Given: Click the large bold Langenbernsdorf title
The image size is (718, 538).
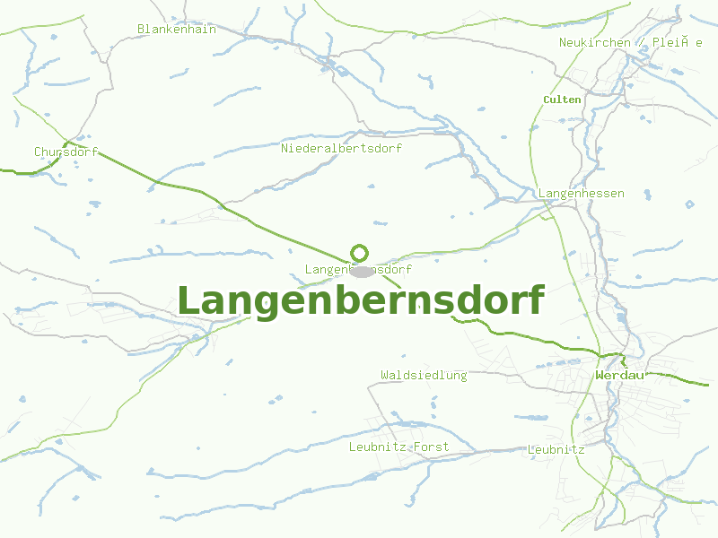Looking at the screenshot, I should [x=360, y=301].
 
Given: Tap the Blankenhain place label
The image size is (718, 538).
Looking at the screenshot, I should [x=177, y=30].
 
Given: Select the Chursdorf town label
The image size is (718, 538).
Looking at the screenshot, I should [x=66, y=152].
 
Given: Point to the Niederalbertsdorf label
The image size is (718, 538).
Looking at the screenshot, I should [x=341, y=148].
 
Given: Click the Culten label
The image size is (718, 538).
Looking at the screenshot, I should [x=563, y=100].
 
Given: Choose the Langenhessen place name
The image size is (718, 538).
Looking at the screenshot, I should [x=582, y=194].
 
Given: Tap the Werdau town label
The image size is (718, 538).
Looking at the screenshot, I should [x=620, y=375].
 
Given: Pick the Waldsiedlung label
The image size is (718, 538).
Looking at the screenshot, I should [x=424, y=376].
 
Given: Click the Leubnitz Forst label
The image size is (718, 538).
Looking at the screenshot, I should [x=398, y=447].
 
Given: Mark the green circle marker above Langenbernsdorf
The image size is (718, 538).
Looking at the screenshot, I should [x=359, y=253].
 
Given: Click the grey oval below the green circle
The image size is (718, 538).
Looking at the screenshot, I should [x=362, y=270].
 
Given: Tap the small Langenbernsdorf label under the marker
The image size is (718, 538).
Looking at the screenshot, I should [x=358, y=270].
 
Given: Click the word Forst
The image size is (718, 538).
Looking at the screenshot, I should [x=431, y=447].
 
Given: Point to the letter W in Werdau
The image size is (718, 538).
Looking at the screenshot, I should [x=600, y=375].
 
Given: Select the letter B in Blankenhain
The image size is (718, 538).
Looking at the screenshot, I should [x=141, y=30].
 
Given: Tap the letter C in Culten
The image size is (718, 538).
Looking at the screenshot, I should [x=547, y=100].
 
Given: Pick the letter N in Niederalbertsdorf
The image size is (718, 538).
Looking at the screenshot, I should [x=285, y=148].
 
